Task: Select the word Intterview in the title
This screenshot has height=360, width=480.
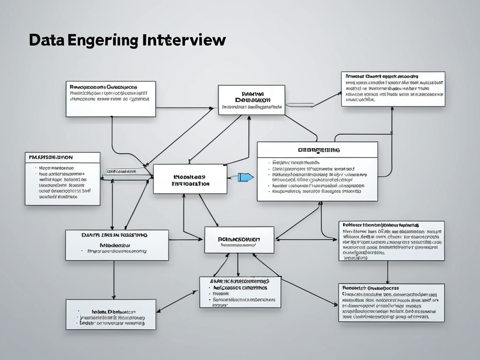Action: point(183,41)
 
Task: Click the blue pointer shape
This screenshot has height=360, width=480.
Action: point(245,177)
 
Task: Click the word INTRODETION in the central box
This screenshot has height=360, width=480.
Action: point(190,184)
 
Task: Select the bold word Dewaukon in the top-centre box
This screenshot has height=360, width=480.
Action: point(252,100)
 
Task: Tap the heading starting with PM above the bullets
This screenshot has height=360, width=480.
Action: point(51,157)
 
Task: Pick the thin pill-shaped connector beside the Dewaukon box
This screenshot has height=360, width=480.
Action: point(300,104)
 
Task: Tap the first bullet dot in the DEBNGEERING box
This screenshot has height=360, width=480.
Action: point(269,162)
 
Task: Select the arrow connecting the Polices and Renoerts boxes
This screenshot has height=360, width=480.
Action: point(387,272)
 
